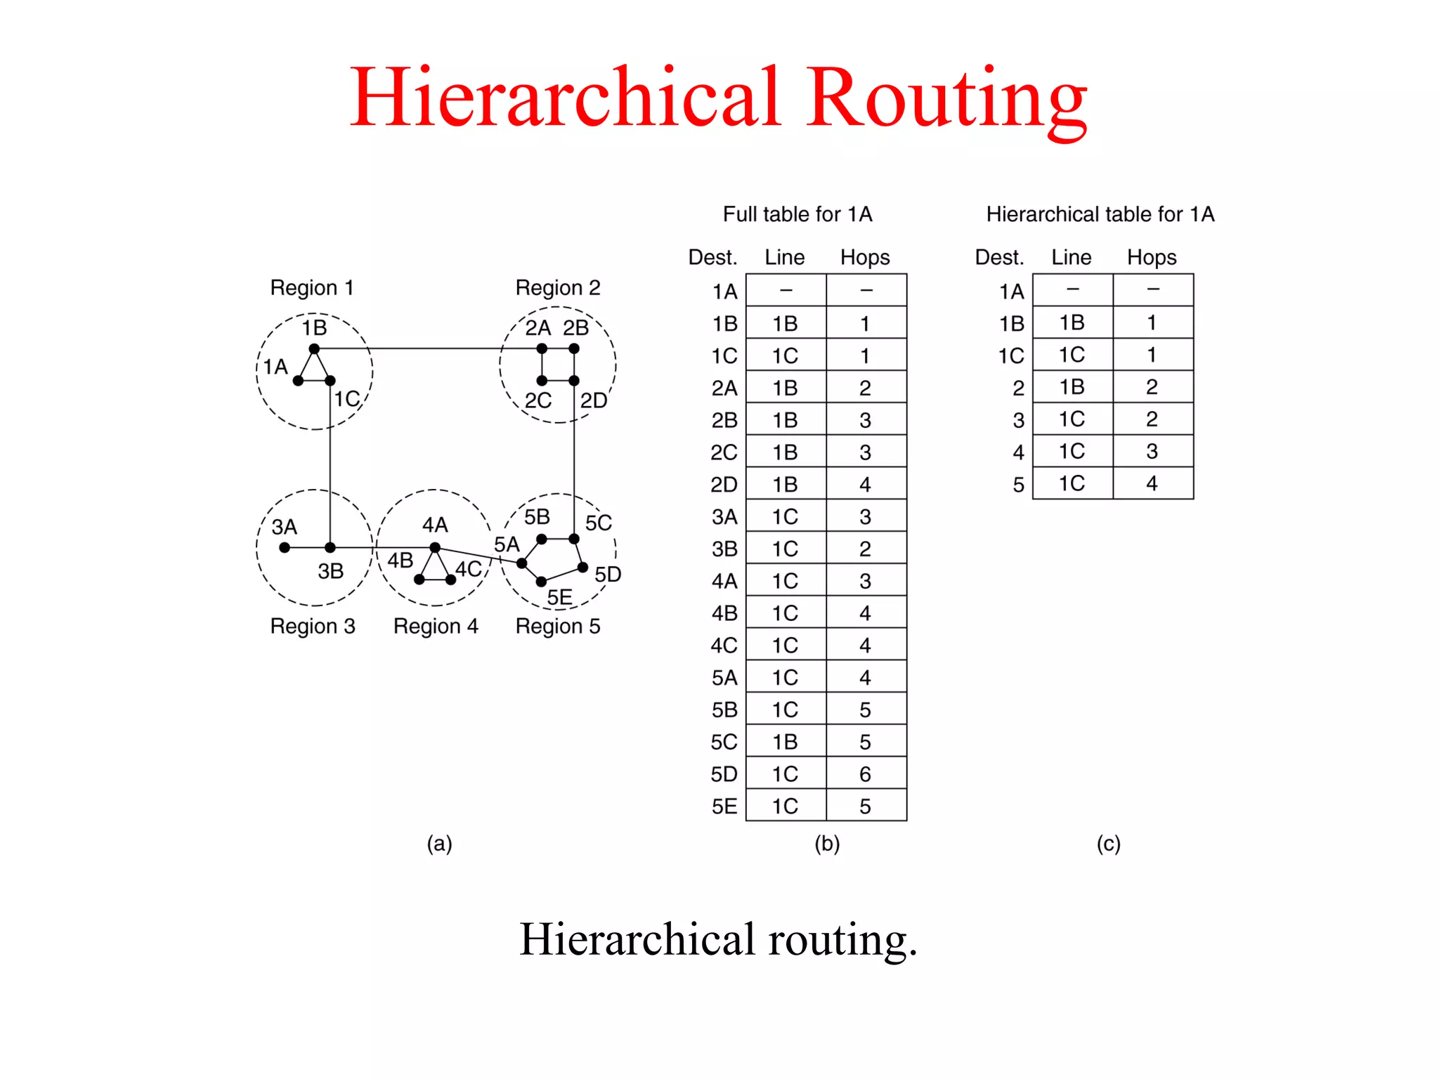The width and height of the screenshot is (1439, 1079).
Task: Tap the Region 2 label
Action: pyautogui.click(x=558, y=288)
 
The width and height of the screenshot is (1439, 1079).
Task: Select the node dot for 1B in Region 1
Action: pyautogui.click(x=314, y=348)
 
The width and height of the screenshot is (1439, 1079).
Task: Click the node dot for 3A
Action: pyautogui.click(x=285, y=547)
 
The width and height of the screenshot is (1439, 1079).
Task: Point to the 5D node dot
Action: pyautogui.click(x=582, y=567)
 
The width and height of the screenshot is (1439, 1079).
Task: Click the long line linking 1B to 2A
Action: pyautogui.click(x=429, y=348)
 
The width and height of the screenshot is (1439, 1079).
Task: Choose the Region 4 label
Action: pyautogui.click(x=436, y=626)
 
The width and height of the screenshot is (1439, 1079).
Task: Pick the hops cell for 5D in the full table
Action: pyautogui.click(x=866, y=774)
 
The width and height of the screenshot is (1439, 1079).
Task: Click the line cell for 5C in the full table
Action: pyautogui.click(x=785, y=742)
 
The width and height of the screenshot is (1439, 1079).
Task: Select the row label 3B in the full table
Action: pyautogui.click(x=724, y=549)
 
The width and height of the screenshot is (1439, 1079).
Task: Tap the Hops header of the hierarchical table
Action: pyautogui.click(x=1152, y=257)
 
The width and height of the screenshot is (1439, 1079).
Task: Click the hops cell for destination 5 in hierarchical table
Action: pyautogui.click(x=1152, y=483)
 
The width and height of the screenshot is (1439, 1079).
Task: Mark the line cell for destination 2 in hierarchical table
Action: pyautogui.click(x=1072, y=387)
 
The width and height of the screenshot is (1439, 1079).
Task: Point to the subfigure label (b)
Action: pyautogui.click(x=827, y=844)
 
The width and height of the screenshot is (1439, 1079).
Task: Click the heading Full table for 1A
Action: pyautogui.click(x=797, y=214)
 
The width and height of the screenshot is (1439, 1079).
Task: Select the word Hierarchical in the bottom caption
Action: pyautogui.click(x=637, y=940)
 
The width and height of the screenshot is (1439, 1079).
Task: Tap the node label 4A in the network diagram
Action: pyautogui.click(x=435, y=525)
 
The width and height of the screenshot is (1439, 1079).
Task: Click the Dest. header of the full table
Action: pyautogui.click(x=712, y=257)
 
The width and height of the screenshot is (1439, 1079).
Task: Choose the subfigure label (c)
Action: pyautogui.click(x=1108, y=844)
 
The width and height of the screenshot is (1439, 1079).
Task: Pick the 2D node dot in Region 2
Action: pyautogui.click(x=574, y=381)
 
